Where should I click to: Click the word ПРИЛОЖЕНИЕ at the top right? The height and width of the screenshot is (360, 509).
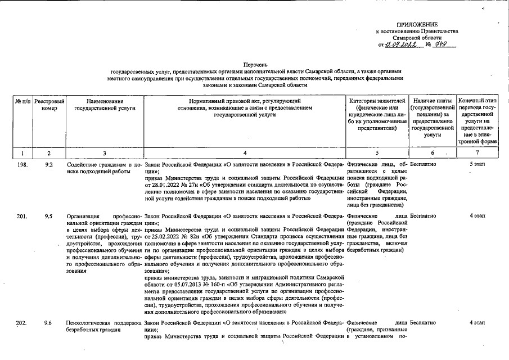[x=417, y=25]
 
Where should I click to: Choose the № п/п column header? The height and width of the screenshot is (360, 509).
[x=22, y=101]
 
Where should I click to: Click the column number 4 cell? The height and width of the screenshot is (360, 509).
[x=245, y=152]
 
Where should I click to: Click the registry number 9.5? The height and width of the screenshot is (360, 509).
[x=49, y=215]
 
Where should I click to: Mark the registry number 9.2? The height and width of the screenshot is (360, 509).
[x=49, y=164]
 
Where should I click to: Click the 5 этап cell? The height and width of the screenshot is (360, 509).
[x=478, y=164]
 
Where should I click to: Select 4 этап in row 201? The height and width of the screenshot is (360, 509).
[x=478, y=215]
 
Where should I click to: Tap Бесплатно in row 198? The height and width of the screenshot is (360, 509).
[x=423, y=164]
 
